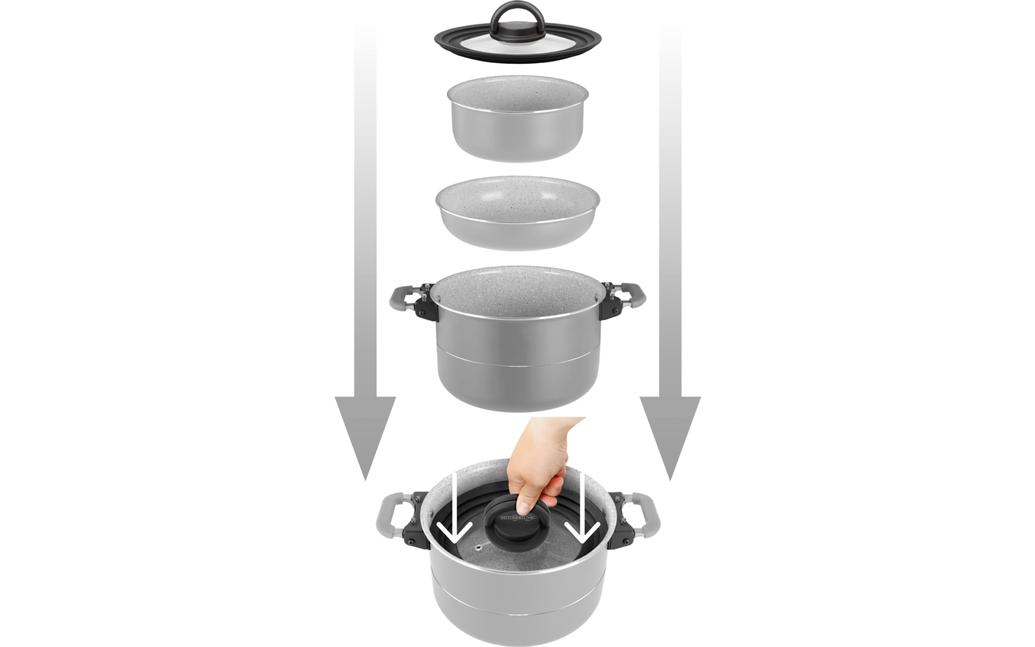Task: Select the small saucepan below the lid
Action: [x=517, y=123]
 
